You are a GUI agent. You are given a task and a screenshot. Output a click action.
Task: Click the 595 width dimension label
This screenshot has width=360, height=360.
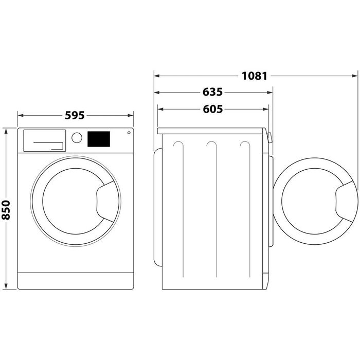click(75, 116)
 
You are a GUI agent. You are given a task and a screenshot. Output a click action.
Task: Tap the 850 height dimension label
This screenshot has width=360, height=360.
click(7, 209)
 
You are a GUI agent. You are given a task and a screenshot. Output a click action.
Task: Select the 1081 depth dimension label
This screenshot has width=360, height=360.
click(255, 76)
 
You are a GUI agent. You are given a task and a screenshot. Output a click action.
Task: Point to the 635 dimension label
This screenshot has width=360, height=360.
click(212, 93)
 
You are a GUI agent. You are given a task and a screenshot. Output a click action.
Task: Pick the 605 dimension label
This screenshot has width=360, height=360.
click(212, 110)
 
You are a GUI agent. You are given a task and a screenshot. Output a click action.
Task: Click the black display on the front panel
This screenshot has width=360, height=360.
click(99, 138)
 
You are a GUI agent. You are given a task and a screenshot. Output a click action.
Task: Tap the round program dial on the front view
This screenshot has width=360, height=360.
click(77, 138)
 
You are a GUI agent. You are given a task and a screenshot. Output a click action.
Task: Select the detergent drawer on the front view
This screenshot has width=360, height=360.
click(44, 140)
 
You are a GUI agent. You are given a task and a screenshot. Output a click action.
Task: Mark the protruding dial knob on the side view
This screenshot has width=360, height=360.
click(270, 138)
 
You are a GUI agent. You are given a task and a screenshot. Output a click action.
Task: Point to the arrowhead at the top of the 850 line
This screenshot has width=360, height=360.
click(7, 131)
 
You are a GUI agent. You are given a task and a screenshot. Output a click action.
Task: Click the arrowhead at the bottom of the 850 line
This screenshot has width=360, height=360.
click(7, 286)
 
